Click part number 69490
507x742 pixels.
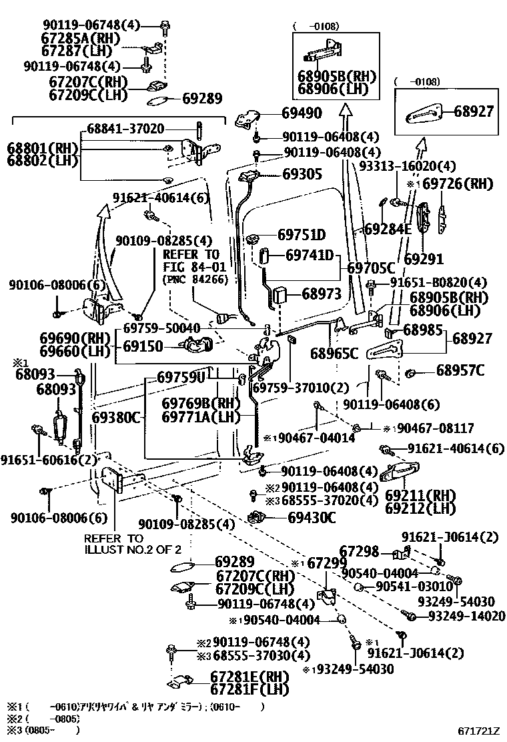click(302, 113)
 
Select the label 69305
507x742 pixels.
click(302, 174)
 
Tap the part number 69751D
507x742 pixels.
click(301, 235)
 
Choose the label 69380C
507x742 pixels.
click(116, 418)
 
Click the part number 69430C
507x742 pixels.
click(312, 517)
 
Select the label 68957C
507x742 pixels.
click(460, 370)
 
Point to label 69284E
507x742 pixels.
click(388, 230)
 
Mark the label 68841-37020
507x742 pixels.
click(125, 128)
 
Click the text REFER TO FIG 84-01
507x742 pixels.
click(191, 261)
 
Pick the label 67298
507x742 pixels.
click(359, 551)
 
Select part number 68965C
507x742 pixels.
click(334, 353)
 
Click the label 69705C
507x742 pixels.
click(371, 268)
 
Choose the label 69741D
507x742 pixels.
click(310, 255)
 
